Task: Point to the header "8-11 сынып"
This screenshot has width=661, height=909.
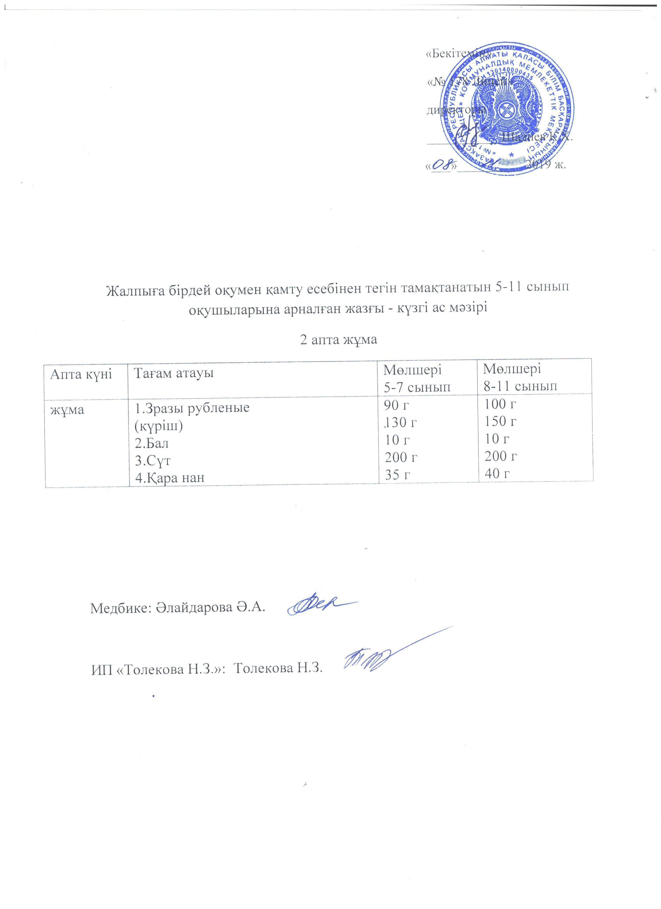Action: pos(520,386)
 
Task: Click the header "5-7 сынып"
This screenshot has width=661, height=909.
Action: pos(417,387)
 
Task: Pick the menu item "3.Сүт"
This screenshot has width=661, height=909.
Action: pos(152,460)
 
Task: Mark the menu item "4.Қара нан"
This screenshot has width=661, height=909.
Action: pos(170,477)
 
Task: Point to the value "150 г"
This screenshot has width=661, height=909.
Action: pos(500,421)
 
